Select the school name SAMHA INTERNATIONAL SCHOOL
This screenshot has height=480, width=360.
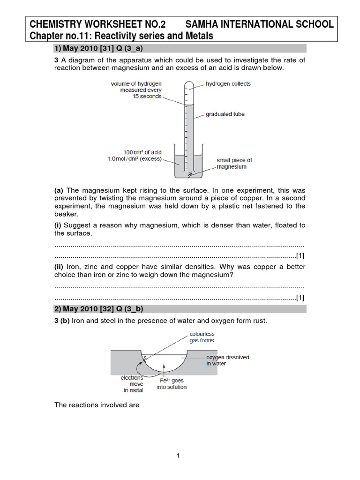(x=260, y=24)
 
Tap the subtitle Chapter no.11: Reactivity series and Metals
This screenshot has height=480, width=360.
(x=121, y=36)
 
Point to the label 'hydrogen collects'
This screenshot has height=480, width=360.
(x=228, y=84)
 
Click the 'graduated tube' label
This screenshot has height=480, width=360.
(x=225, y=114)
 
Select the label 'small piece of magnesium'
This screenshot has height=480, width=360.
(x=234, y=163)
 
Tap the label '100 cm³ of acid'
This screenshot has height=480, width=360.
(x=142, y=152)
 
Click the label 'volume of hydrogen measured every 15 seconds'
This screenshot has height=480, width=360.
(x=136, y=90)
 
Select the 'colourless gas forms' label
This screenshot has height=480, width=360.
(x=202, y=337)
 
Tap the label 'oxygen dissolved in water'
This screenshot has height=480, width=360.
(x=228, y=360)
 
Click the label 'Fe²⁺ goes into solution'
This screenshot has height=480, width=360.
(x=172, y=384)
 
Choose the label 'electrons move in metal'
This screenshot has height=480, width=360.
(x=132, y=383)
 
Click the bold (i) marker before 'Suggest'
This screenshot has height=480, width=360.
(x=58, y=225)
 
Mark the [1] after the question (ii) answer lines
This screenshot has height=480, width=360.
(x=300, y=297)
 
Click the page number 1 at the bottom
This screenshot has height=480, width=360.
(x=179, y=456)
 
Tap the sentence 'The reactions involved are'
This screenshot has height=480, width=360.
(x=97, y=405)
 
